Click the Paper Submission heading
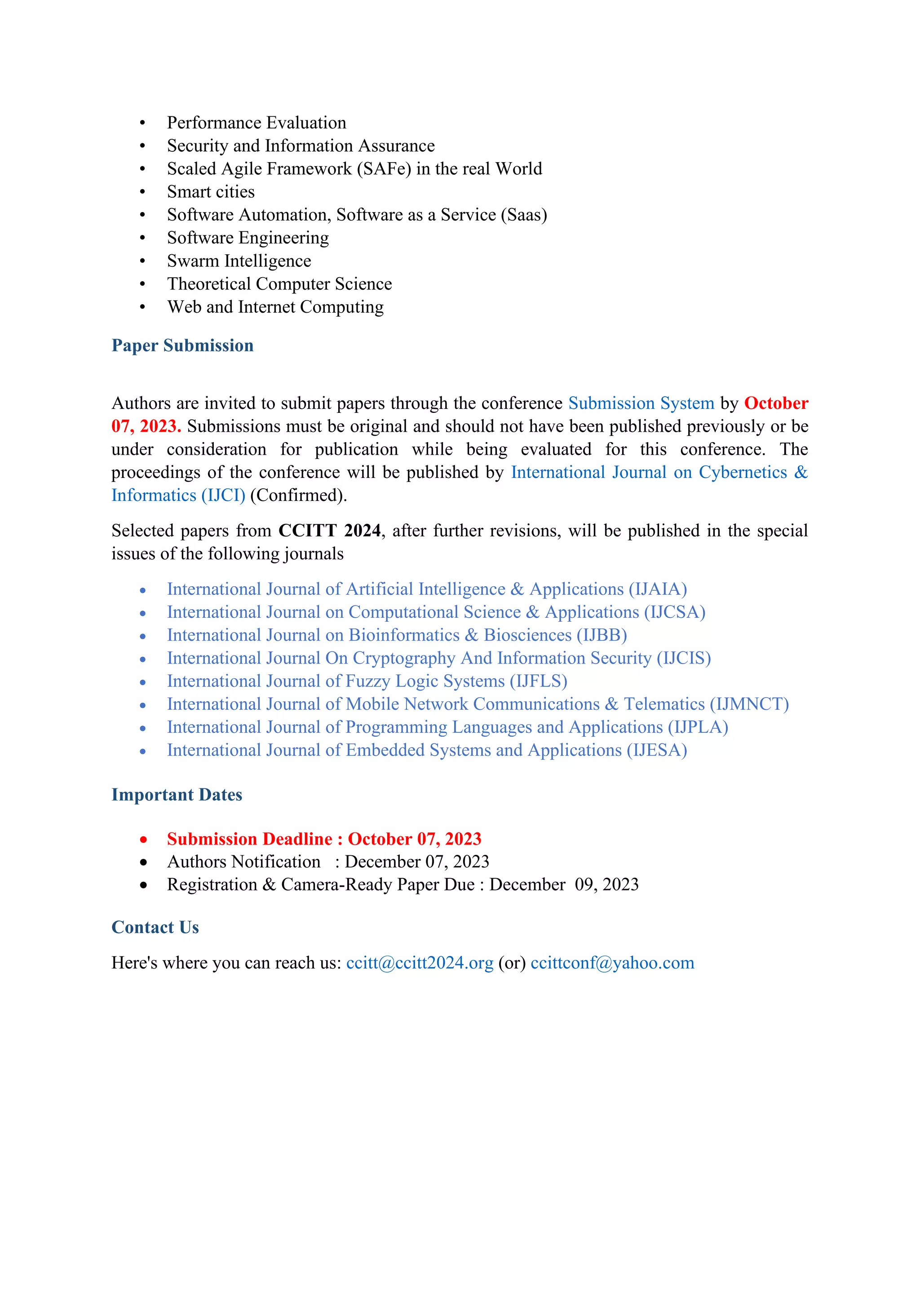pyautogui.click(x=182, y=345)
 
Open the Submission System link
pyautogui.click(x=641, y=403)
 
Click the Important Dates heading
pyautogui.click(x=177, y=794)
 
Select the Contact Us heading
pyautogui.click(x=155, y=927)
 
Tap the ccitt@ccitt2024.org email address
pyautogui.click(x=420, y=963)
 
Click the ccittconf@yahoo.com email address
pyautogui.click(x=612, y=963)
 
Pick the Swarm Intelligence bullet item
pyautogui.click(x=239, y=261)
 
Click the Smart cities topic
pyautogui.click(x=211, y=191)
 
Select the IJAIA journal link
pyautogui.click(x=427, y=589)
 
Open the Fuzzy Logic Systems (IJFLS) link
pyautogui.click(x=367, y=681)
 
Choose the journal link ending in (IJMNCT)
pyautogui.click(x=478, y=704)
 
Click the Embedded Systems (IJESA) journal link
pyautogui.click(x=427, y=750)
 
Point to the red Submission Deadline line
pyautogui.click(x=324, y=839)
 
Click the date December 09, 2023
pyautogui.click(x=564, y=885)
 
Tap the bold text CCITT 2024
pyautogui.click(x=330, y=531)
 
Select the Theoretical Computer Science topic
pyautogui.click(x=279, y=284)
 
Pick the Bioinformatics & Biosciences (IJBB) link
pyautogui.click(x=397, y=635)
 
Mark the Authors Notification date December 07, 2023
pyautogui.click(x=417, y=862)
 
